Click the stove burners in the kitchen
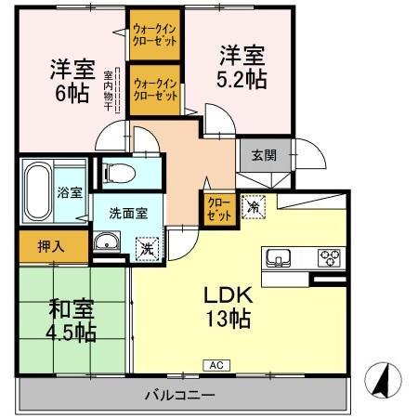coord(330,258)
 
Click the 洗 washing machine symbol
coord(146,248)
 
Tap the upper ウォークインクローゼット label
coord(155,34)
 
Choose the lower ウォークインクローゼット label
coord(155,90)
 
